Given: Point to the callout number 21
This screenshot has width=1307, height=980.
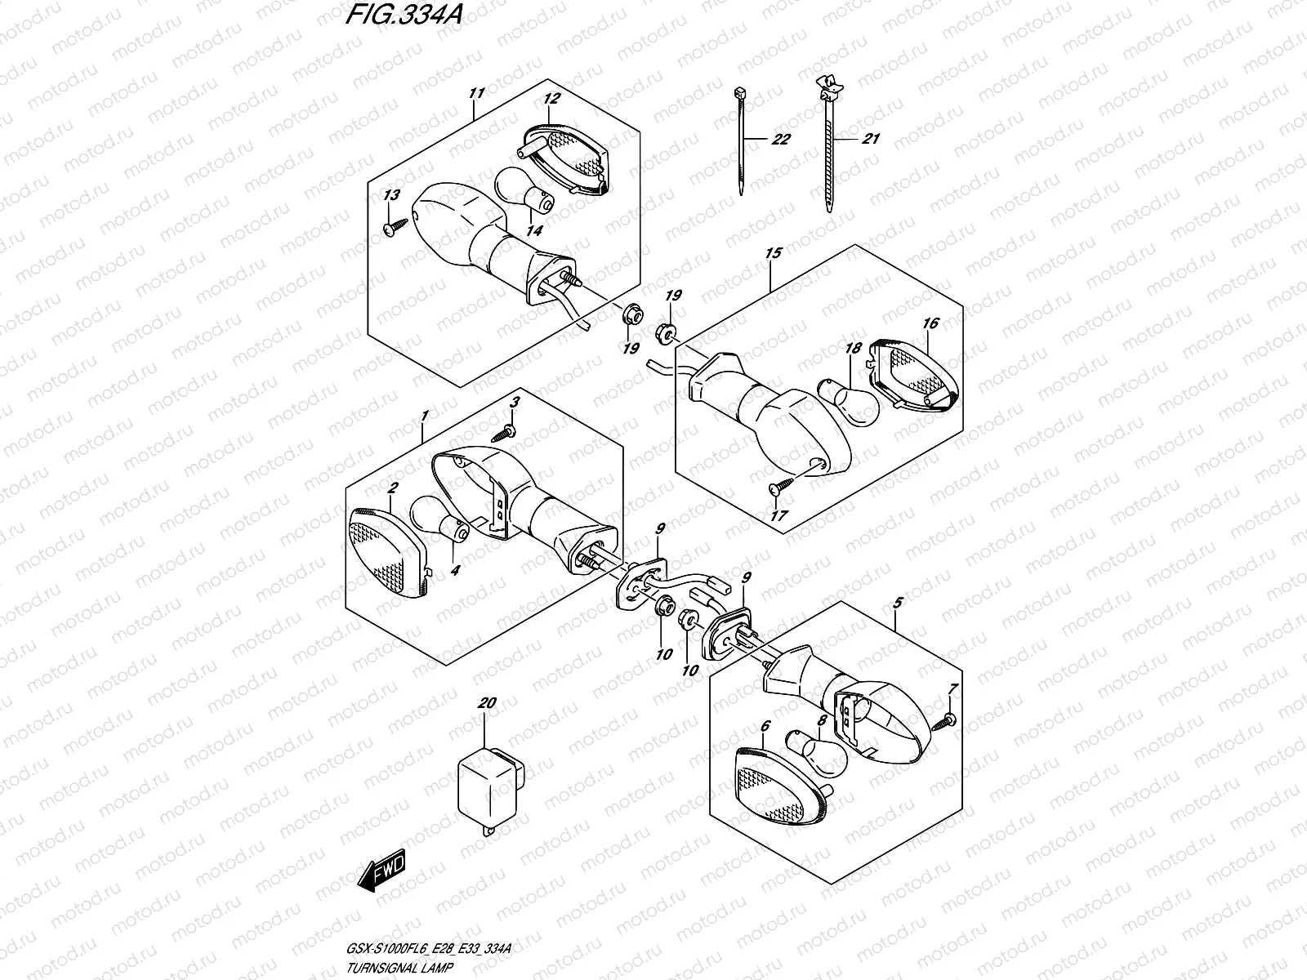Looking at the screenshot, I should point(871,140).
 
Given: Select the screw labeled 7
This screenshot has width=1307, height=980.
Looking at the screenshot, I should point(948,719).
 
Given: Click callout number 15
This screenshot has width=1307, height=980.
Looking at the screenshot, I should point(773,253).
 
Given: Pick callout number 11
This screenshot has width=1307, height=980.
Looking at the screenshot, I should point(477,93).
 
